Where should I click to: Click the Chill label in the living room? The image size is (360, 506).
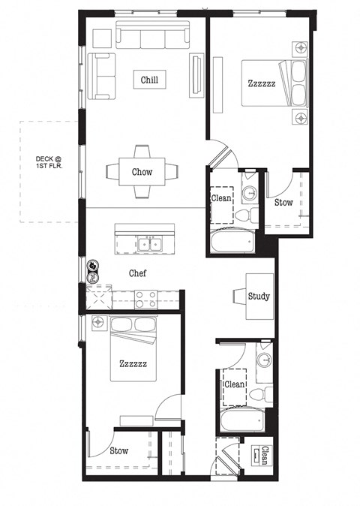point(148,80)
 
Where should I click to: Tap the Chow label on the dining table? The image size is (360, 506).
point(142,172)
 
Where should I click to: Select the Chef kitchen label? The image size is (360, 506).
point(137,274)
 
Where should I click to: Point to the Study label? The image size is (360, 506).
point(258,296)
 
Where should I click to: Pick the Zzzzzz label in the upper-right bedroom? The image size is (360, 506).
point(261,84)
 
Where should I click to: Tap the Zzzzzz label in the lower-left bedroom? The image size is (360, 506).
point(133,363)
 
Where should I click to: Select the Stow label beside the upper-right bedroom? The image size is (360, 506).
point(283,203)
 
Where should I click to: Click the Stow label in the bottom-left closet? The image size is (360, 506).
point(118,451)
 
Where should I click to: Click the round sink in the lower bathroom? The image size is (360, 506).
point(263,360)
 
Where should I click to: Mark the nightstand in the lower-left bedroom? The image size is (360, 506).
point(99,322)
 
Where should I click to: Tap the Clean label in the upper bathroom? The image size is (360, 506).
point(222,199)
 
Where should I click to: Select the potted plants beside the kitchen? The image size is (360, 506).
point(93,270)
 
